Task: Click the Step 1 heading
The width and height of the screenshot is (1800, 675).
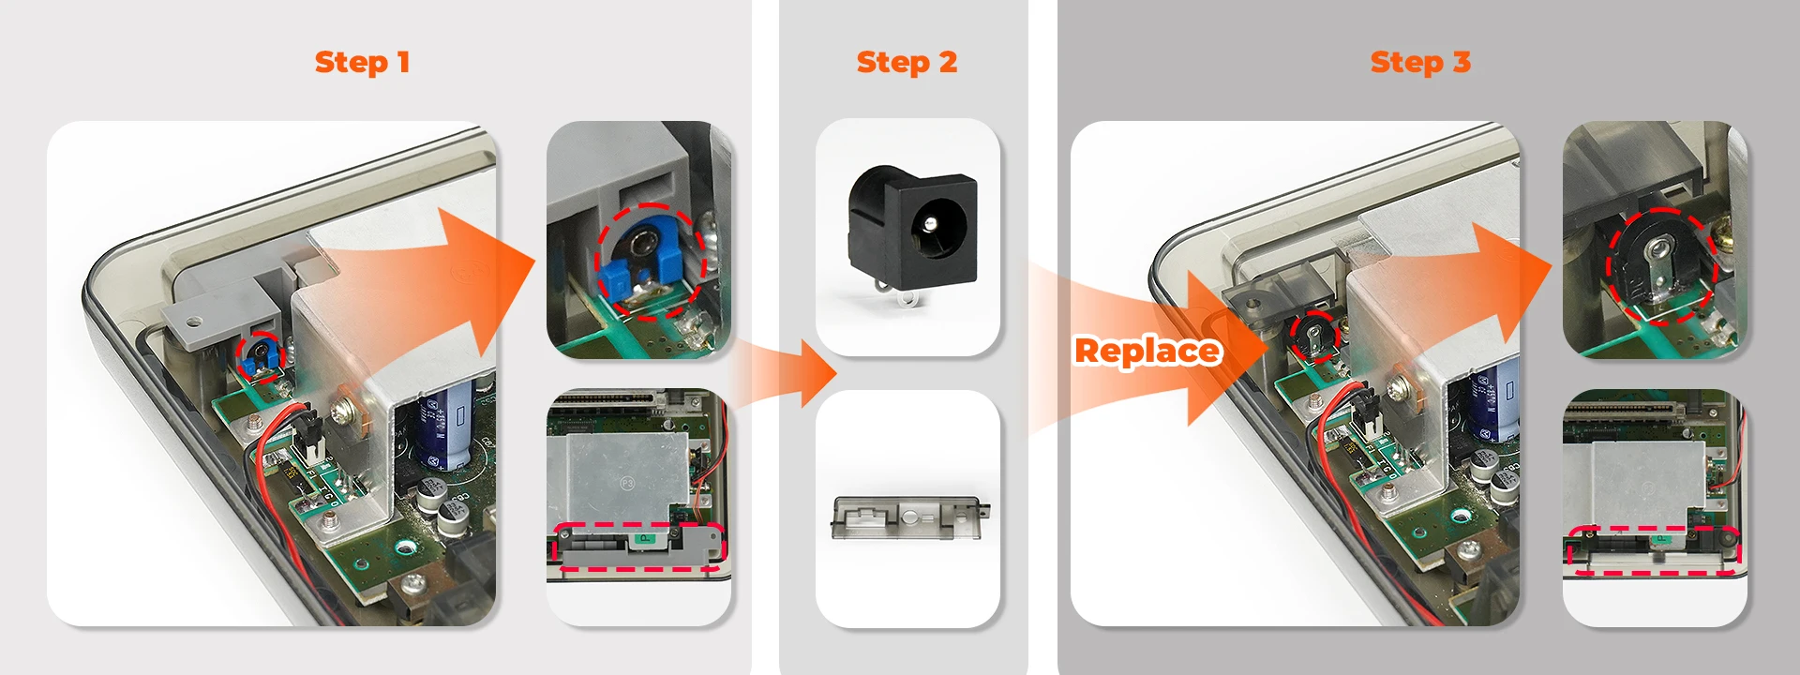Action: pos(362,63)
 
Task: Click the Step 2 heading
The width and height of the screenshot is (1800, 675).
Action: pos(907,63)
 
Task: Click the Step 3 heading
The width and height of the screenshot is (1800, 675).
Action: pos(1420,63)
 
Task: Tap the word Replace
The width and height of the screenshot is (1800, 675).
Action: pos(1147,351)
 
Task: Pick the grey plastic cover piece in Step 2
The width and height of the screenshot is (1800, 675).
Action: pos(906,517)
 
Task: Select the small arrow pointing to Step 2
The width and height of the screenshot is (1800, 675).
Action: pos(797,373)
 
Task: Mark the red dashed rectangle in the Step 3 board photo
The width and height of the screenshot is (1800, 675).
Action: pos(1654,550)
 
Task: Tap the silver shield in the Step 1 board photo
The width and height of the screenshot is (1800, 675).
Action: pos(619,478)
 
